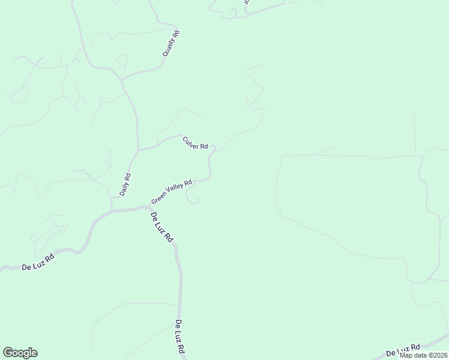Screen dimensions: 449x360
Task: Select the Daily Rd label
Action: point(125,185)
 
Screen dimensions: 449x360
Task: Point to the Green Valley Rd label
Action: point(172,191)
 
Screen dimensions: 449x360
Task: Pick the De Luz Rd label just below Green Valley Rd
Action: point(161,227)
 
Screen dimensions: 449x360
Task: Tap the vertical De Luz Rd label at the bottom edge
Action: point(179,337)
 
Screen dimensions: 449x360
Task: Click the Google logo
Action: point(20,353)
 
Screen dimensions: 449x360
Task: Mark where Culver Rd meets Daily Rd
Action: point(138,149)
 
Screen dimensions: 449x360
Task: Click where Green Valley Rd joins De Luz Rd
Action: point(149,207)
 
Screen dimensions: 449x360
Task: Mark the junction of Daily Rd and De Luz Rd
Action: point(112,209)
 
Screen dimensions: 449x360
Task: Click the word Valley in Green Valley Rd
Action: point(174,190)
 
